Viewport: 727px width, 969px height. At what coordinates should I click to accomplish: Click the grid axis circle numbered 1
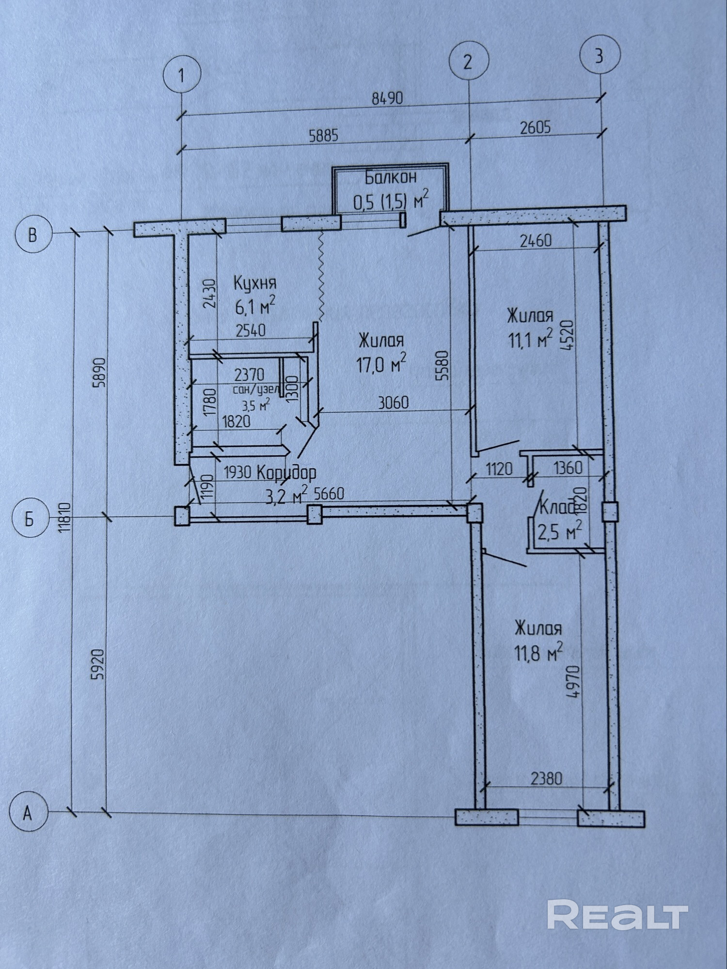pyautogui.click(x=181, y=76)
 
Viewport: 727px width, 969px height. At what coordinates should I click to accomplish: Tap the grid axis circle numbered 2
pyautogui.click(x=467, y=62)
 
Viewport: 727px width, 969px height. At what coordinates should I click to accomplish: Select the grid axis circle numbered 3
pyautogui.click(x=599, y=57)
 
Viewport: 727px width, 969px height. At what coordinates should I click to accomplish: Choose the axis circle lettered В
pyautogui.click(x=32, y=235)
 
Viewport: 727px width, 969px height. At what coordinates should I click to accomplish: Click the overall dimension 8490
pyautogui.click(x=387, y=99)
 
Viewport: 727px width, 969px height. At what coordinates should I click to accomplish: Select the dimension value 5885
pyautogui.click(x=324, y=136)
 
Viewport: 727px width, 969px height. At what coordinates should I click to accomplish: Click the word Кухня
pyautogui.click(x=255, y=282)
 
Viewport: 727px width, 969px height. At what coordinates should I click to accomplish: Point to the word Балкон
pyautogui.click(x=390, y=178)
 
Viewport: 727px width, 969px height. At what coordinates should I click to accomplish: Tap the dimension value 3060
pyautogui.click(x=393, y=403)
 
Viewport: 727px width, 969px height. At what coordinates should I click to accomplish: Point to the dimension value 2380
pyautogui.click(x=547, y=779)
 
